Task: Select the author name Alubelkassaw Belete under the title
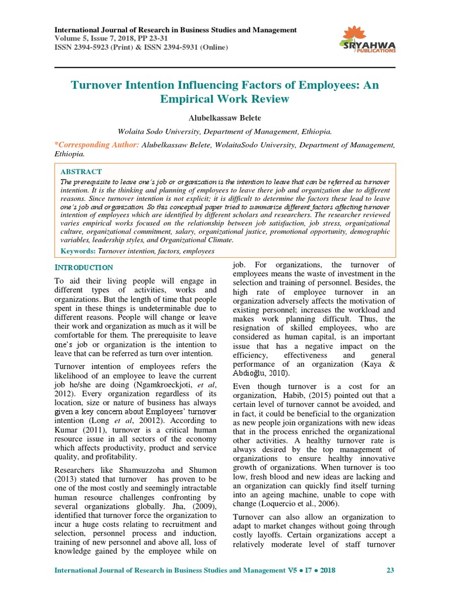pos(224,118)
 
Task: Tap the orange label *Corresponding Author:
pos(97,144)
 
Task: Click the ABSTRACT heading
pos(81,172)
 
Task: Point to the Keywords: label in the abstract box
pos(78,251)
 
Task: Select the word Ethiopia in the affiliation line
pos(312,132)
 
